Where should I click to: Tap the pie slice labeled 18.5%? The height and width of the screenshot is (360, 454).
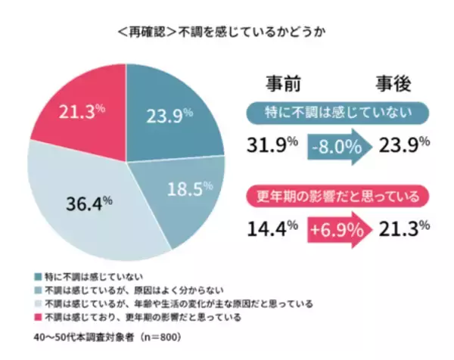coord(185,189)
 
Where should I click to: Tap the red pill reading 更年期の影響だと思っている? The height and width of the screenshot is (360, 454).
coord(340,196)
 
